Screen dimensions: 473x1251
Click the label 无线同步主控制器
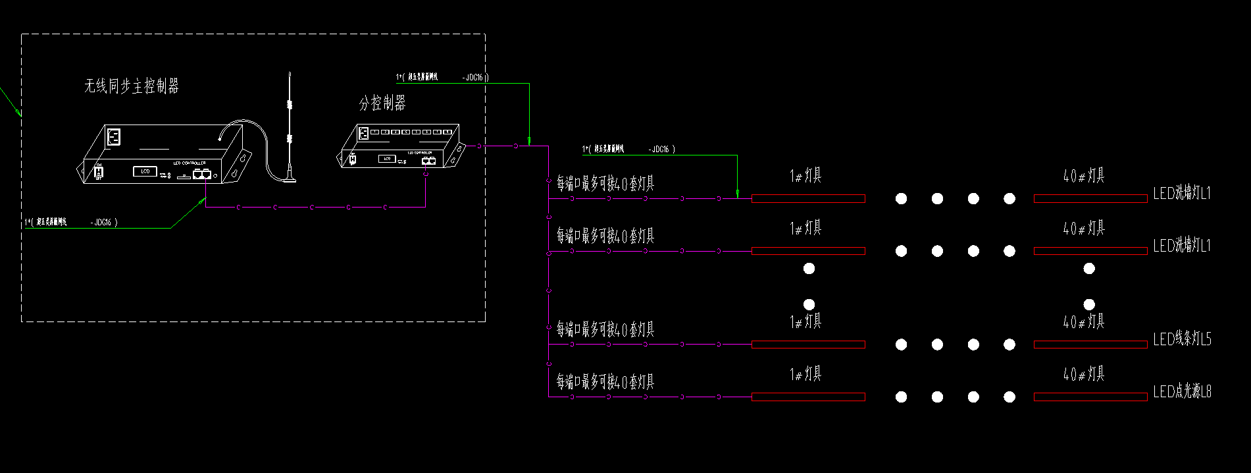pyautogui.click(x=132, y=86)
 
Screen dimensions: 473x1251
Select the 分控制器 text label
pyautogui.click(x=382, y=103)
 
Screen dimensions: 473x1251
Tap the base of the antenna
pyautogui.click(x=290, y=177)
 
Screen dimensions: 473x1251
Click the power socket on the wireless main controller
pyautogui.click(x=114, y=137)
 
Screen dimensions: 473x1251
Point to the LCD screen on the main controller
pyautogui.click(x=145, y=171)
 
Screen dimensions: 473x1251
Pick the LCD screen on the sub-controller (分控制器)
pyautogui.click(x=387, y=159)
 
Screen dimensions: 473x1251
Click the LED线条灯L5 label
pyautogui.click(x=1182, y=340)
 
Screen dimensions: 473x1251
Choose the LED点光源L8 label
pyautogui.click(x=1182, y=393)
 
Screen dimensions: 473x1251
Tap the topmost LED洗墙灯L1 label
pyautogui.click(x=1182, y=194)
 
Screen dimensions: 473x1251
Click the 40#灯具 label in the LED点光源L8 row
pyautogui.click(x=1084, y=375)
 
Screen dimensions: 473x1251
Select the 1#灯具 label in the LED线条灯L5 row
pyautogui.click(x=806, y=321)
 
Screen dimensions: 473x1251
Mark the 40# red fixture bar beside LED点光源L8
pyautogui.click(x=1090, y=397)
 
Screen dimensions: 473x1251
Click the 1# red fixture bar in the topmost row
pyautogui.click(x=808, y=199)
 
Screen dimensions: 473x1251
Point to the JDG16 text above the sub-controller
pyautogui.click(x=474, y=78)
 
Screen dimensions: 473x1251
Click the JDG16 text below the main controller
pyautogui.click(x=103, y=223)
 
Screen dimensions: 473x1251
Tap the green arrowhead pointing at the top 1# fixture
pyautogui.click(x=738, y=194)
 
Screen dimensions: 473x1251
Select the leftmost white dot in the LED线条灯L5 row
pyautogui.click(x=902, y=345)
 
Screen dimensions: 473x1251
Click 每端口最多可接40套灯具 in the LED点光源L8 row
pyautogui.click(x=605, y=382)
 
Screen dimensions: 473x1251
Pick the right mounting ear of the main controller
pyautogui.click(x=241, y=162)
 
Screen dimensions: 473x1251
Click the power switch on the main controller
pyautogui.click(x=99, y=172)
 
